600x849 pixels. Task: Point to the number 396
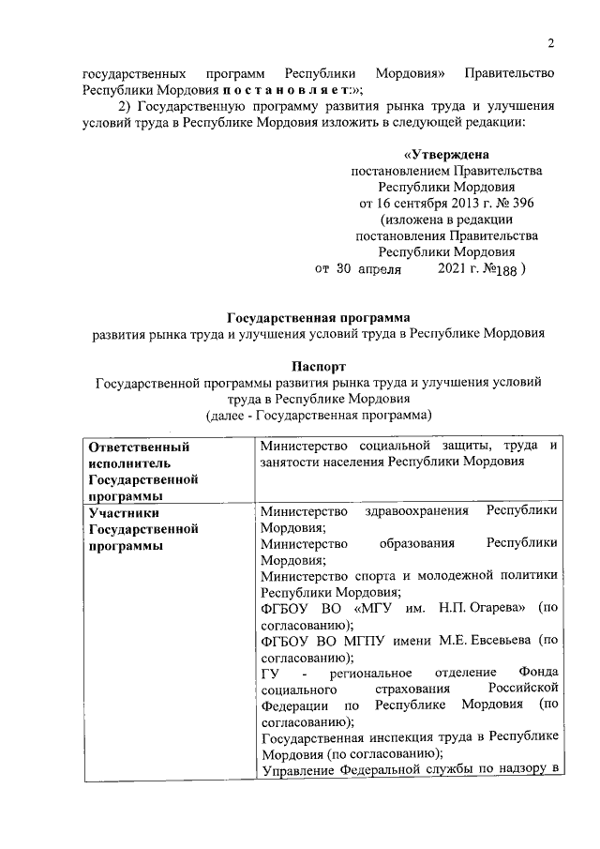click(x=517, y=203)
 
